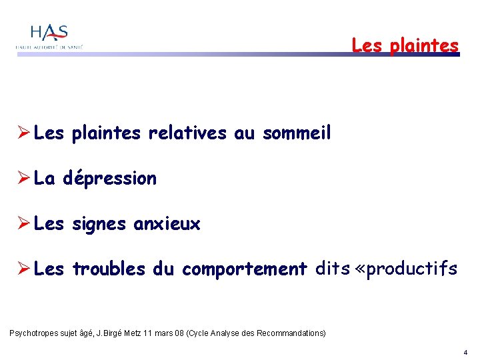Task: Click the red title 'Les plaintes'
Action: [x=405, y=45]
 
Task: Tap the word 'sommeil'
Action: [x=297, y=133]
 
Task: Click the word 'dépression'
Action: [x=110, y=179]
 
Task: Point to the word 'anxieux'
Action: [x=167, y=224]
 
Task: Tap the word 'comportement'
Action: [x=244, y=269]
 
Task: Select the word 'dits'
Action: [x=332, y=269]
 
